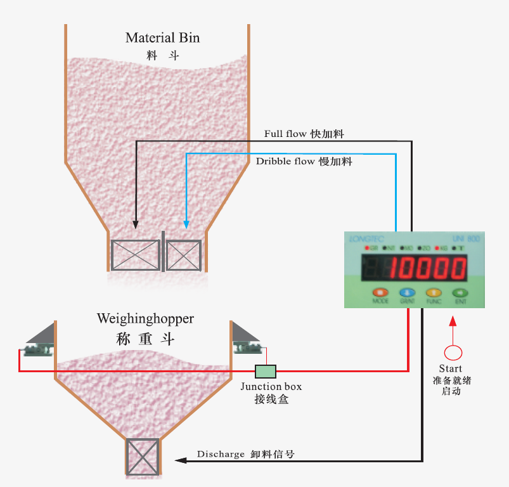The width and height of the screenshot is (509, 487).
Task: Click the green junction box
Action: (266, 371)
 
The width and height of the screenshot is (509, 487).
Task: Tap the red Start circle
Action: (453, 352)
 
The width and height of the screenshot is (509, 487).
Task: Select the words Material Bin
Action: (162, 37)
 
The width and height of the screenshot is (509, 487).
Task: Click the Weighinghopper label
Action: (145, 318)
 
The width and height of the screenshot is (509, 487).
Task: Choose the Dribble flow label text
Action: (285, 162)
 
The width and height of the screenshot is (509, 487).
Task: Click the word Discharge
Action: (221, 454)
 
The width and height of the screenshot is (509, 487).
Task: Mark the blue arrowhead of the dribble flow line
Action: (186, 224)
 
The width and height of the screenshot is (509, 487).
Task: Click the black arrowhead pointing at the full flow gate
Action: (136, 224)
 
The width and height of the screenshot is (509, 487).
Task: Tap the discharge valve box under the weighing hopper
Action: (143, 456)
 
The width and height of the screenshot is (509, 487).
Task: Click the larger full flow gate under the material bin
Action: (136, 256)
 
